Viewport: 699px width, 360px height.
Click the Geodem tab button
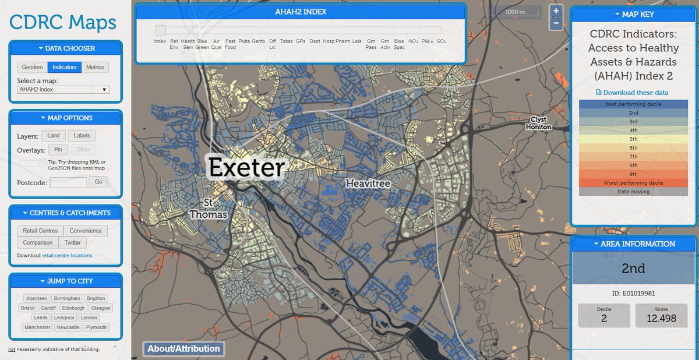(33, 67)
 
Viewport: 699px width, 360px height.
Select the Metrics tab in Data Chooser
(95, 67)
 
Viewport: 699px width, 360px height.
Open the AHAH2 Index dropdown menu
(63, 89)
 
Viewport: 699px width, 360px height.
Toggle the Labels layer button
(82, 136)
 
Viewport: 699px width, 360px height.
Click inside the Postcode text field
(68, 182)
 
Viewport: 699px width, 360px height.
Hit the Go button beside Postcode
(98, 182)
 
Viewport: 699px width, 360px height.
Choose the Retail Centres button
(40, 231)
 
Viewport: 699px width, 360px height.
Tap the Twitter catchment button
(73, 242)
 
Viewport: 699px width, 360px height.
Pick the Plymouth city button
(96, 327)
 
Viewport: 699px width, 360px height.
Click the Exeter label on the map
(246, 168)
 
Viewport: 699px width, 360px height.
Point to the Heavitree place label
(368, 183)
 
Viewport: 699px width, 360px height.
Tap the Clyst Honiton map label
(538, 123)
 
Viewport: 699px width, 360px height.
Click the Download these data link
(633, 93)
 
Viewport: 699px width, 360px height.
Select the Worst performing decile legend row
(633, 183)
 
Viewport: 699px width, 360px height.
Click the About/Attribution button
(183, 349)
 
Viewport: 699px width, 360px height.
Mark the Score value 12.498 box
(661, 315)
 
